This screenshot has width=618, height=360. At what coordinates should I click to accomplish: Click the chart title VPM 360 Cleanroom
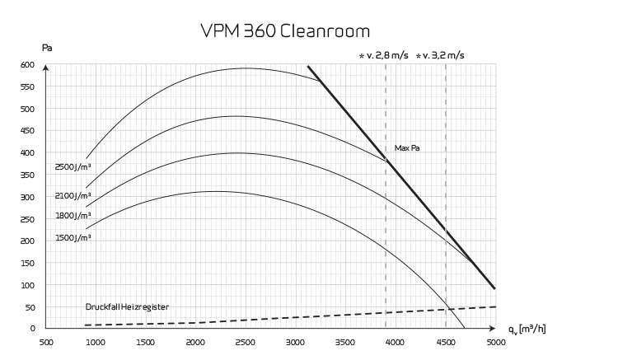(x=285, y=30)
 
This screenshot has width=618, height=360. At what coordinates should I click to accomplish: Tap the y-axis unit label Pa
(x=47, y=48)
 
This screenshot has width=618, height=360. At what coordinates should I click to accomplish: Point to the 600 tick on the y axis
(x=28, y=65)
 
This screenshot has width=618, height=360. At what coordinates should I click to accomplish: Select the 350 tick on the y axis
(x=28, y=175)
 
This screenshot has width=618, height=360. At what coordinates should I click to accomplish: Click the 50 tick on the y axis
(x=30, y=307)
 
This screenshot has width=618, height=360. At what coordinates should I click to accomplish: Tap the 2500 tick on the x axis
(x=246, y=342)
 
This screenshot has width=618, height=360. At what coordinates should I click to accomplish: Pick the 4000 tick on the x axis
(x=396, y=342)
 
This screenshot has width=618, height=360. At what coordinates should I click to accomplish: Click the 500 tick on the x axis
(x=47, y=342)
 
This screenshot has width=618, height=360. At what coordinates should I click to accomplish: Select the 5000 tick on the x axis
(x=495, y=342)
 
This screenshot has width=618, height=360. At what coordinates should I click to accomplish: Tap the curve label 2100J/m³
(x=73, y=196)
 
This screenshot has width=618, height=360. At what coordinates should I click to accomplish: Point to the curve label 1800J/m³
(x=73, y=216)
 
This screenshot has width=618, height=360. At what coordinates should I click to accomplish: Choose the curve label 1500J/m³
(x=73, y=237)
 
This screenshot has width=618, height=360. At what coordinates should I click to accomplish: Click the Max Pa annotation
(x=408, y=148)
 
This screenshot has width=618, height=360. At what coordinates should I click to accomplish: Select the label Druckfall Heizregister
(x=127, y=306)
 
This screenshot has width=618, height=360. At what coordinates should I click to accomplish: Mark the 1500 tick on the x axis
(x=146, y=342)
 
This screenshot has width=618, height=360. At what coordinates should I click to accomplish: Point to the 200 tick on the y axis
(x=28, y=241)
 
